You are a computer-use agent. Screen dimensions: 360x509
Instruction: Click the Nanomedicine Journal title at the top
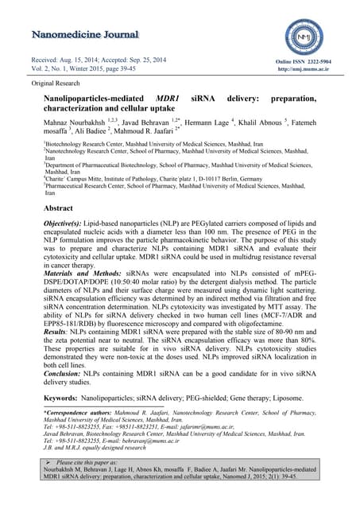pos(85,37)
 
